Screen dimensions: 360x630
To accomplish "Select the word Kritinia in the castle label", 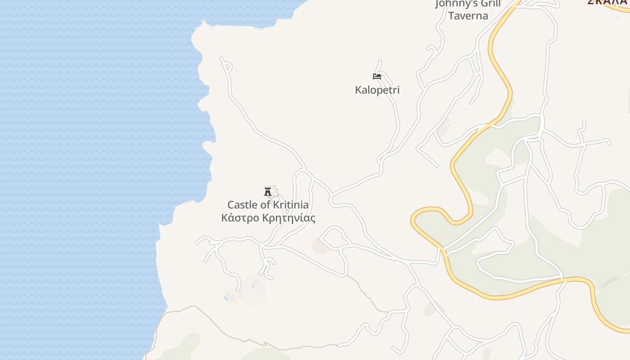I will coord(291,205).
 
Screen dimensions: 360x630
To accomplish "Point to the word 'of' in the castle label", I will coord(265,205).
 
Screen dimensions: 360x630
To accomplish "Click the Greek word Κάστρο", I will coord(239,218).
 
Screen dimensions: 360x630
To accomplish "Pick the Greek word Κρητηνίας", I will coord(288,218).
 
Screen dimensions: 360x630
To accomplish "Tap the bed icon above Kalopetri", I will coord(377,76).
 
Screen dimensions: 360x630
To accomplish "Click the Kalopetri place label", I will coord(377,90).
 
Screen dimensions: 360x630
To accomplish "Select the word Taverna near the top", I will coord(468,16).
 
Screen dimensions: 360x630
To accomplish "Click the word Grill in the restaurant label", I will coord(490,4).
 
